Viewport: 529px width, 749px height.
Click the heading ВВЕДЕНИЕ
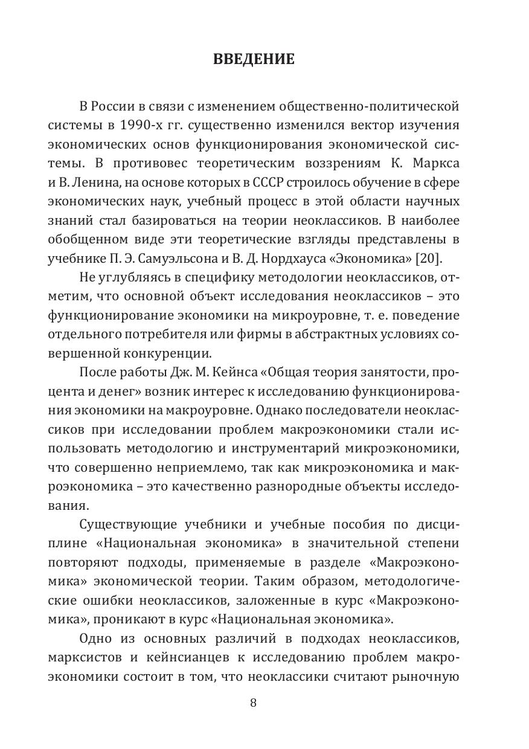(254, 59)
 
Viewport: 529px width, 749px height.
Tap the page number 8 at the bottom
(254, 702)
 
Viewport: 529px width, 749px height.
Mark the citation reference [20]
(429, 259)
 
